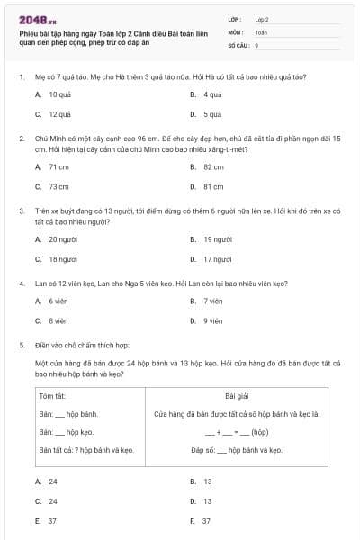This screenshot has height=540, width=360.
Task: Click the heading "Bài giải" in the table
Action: tap(236, 396)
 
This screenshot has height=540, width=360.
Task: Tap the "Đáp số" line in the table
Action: tap(236, 448)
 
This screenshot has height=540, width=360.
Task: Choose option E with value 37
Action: tap(53, 521)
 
